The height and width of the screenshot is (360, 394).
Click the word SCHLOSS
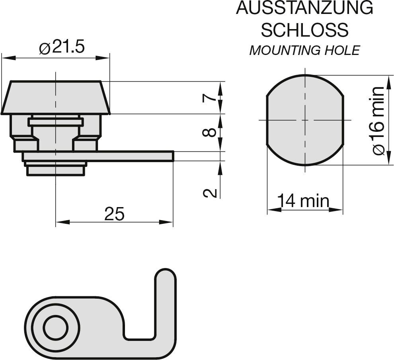click(304, 30)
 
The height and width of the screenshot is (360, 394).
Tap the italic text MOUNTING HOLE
click(304, 51)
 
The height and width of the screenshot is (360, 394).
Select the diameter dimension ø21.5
click(62, 48)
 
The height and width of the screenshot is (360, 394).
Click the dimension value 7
click(210, 98)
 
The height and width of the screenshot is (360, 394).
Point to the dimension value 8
click(210, 133)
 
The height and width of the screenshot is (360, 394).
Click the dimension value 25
click(114, 214)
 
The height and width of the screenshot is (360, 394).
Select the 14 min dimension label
click(303, 201)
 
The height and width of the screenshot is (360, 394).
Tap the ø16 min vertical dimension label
click(378, 120)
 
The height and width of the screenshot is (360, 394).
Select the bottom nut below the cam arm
click(55, 170)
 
